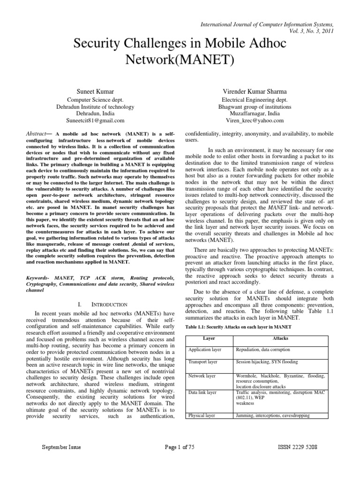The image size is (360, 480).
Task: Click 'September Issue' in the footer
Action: [x=61, y=447]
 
